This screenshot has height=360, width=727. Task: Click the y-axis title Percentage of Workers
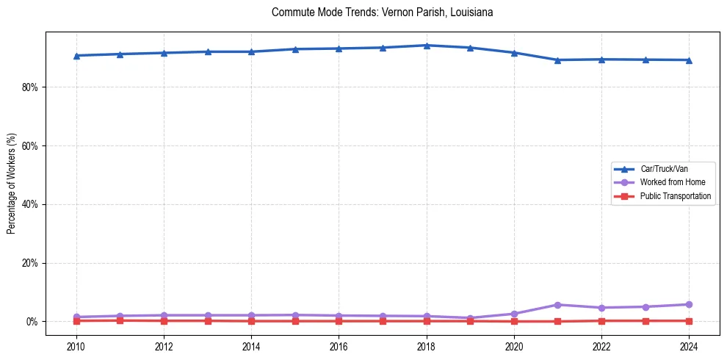tap(12, 183)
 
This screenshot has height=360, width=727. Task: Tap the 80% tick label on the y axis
tap(30, 87)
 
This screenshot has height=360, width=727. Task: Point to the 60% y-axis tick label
tap(30, 145)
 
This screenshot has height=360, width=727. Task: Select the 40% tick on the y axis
tap(30, 204)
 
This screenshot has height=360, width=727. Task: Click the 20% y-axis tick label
tap(30, 263)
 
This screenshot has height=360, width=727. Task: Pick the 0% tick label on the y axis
tap(32, 322)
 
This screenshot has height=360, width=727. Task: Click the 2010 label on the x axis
tap(76, 345)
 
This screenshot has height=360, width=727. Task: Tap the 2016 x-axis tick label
tap(339, 345)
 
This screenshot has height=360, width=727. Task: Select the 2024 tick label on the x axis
tap(689, 345)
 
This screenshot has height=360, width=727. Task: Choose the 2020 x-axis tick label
tap(514, 345)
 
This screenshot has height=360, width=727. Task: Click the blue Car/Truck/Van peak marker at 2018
tap(427, 46)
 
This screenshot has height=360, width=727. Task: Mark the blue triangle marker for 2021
tap(558, 60)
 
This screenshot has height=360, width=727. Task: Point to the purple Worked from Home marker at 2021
tap(558, 305)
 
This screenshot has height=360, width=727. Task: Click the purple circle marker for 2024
tap(689, 304)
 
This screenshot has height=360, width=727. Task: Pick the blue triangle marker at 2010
tap(76, 56)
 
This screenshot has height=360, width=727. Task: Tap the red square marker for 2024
tap(689, 321)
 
